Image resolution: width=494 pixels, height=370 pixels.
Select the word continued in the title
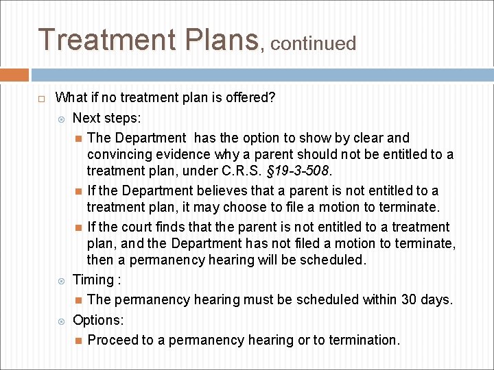pos(314,44)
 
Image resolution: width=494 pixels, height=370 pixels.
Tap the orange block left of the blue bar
pos(14,75)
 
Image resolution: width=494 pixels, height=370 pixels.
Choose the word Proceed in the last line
pos(113,340)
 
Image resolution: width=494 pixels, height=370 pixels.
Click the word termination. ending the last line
pos(364,340)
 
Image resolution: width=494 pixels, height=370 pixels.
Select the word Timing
pos(93,280)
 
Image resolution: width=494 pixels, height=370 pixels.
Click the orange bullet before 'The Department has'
pos(79,138)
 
